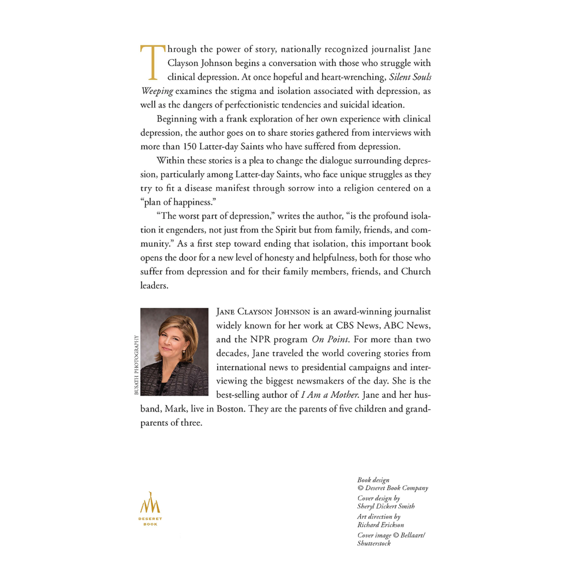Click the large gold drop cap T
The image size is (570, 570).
pos(149,63)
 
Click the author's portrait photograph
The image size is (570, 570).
pos(174,352)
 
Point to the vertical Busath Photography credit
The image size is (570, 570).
pos(136,365)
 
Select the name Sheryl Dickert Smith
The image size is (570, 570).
pos(386,506)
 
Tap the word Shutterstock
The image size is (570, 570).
pos(373,543)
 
